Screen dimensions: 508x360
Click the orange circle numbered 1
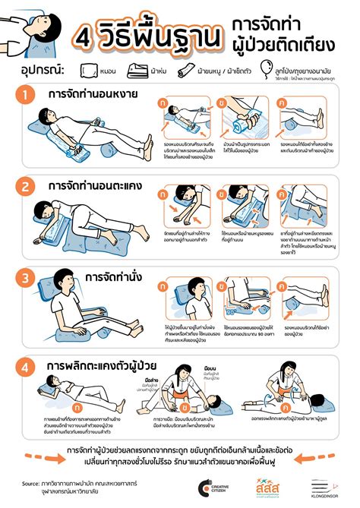[x=26, y=96]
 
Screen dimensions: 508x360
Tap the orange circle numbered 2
[x=26, y=185]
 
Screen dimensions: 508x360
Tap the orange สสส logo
[x=270, y=486]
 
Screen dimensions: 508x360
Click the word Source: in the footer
[x=31, y=482]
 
